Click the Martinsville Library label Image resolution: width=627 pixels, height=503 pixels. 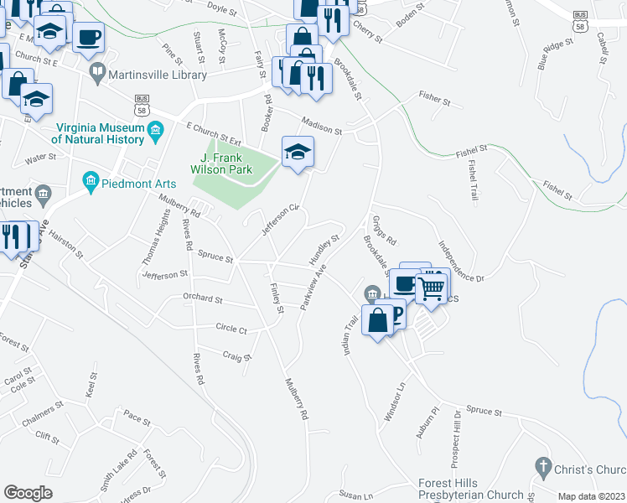pos(157,75)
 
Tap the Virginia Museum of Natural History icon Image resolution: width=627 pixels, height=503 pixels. pos(155,130)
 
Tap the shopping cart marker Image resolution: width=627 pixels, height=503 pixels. pos(431,288)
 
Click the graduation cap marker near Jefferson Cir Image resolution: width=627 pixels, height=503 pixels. pos(297,153)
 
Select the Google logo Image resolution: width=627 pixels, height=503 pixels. pos(28,493)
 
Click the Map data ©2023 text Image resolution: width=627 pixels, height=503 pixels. pos(590,496)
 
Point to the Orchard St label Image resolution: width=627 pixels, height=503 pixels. pos(203,298)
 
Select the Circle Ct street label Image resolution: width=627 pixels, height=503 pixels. pos(231,329)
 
